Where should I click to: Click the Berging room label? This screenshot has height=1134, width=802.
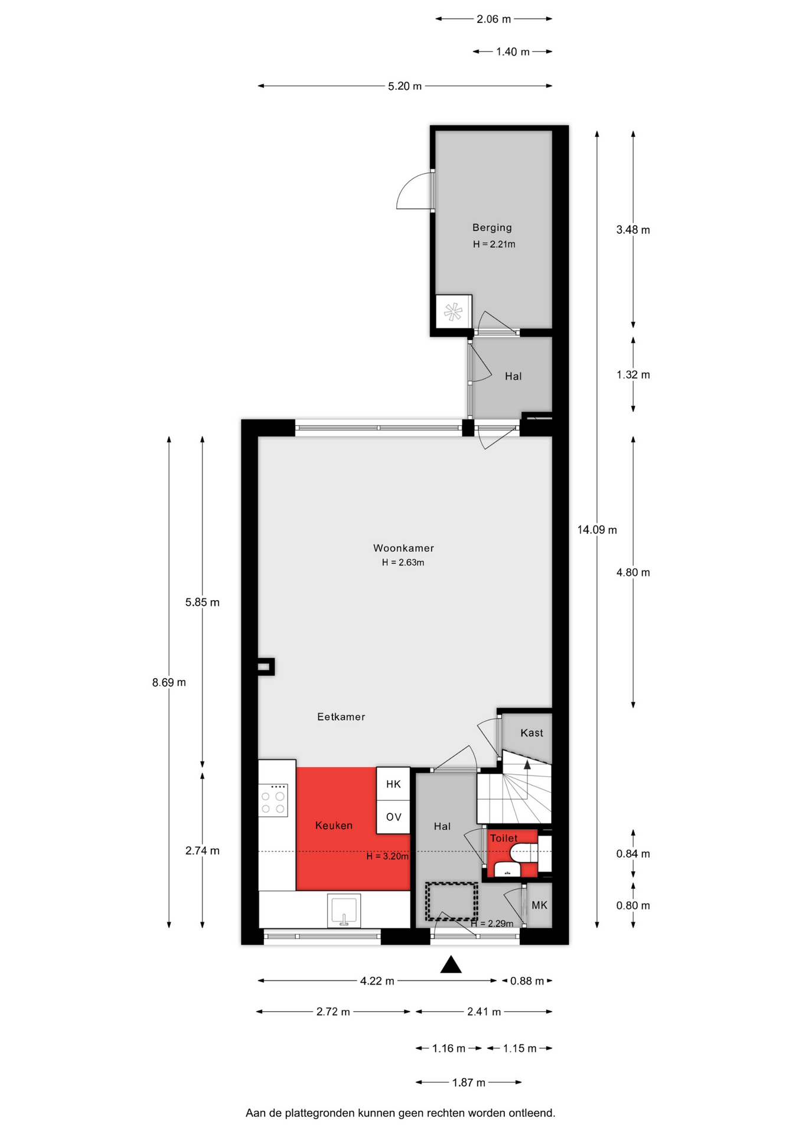(492, 227)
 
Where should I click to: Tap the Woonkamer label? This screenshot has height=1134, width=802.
(403, 548)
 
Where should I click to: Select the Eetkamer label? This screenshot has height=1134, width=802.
(341, 717)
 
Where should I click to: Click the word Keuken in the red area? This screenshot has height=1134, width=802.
(334, 826)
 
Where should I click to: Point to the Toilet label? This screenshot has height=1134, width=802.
(504, 838)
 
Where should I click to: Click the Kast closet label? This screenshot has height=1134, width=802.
(532, 733)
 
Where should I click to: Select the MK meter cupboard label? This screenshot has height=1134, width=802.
(539, 905)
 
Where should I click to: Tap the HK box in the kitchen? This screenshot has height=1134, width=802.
(393, 784)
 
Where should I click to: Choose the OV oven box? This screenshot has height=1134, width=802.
(393, 817)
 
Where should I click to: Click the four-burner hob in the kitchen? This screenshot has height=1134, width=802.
(273, 800)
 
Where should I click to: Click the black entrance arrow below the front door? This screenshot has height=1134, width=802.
(451, 964)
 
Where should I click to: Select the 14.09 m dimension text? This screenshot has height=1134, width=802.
(597, 530)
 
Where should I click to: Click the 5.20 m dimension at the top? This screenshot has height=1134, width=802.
(405, 86)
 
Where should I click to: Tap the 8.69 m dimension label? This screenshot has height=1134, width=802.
(169, 683)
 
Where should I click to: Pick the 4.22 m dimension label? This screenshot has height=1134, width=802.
(377, 981)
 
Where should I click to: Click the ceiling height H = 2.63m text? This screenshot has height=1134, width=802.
(403, 562)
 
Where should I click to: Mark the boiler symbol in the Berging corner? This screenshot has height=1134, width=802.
(454, 311)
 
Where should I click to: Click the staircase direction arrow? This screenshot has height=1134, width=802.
(527, 764)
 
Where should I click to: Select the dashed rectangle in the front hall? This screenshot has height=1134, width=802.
(452, 901)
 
